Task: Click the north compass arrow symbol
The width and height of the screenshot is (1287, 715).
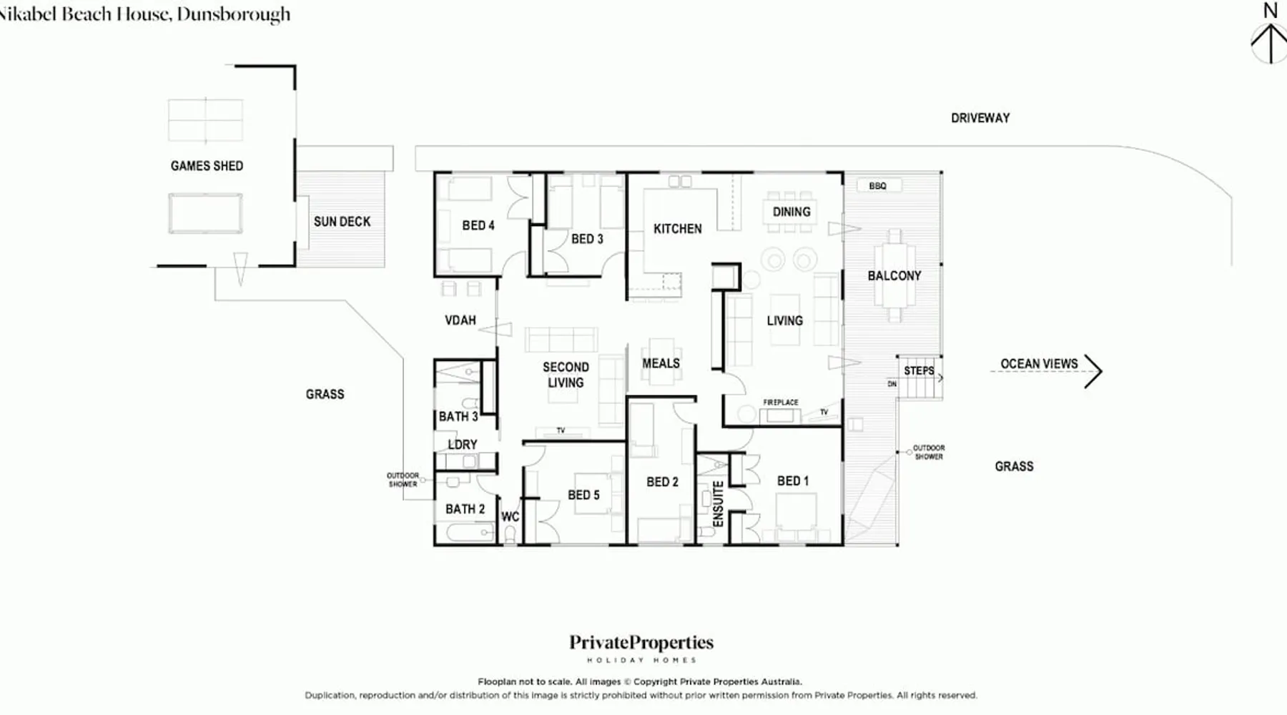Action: pos(1269,43)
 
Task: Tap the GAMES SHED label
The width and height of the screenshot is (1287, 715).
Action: pos(207,166)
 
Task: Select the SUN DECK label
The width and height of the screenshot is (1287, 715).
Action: pos(342,222)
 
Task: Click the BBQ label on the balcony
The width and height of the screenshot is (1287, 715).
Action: pos(877,186)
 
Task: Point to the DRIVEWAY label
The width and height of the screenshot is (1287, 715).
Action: pos(980,118)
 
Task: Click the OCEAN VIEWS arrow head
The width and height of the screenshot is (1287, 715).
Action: pos(1093,371)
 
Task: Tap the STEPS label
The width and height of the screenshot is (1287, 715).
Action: pos(919,370)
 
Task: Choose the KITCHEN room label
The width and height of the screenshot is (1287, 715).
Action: pos(677,229)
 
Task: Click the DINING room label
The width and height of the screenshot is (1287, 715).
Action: pos(792,212)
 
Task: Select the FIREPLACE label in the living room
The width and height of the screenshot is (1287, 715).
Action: pos(780,403)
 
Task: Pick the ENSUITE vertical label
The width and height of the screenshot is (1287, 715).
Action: pos(719,504)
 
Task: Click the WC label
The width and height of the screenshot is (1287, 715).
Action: pos(510,517)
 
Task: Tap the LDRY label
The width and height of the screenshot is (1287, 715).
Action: pos(462,445)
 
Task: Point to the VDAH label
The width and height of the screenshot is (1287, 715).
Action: pos(460,320)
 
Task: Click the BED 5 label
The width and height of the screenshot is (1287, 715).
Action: pos(583,495)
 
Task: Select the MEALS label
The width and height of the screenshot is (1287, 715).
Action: pos(661,363)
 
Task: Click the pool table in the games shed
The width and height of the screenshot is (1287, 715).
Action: pos(205,213)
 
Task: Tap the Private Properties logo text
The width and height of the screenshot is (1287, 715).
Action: pos(641,643)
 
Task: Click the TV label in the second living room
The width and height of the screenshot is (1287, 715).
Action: pos(561,430)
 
